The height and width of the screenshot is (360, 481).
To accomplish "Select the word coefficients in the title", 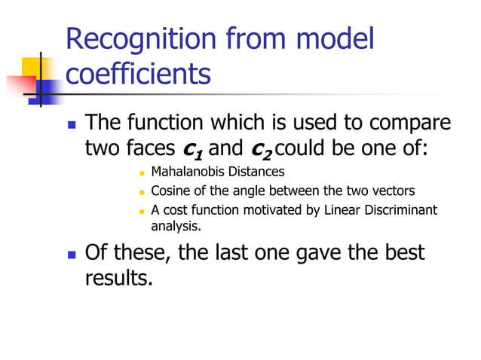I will [x=138, y=75].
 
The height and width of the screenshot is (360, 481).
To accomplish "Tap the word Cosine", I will [x=171, y=191].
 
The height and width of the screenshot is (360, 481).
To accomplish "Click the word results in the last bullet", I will [x=119, y=278].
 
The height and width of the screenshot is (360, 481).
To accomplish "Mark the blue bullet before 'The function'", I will [x=72, y=123].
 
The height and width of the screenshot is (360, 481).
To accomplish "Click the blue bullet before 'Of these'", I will [x=72, y=253].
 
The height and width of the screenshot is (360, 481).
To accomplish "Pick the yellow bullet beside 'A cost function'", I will [x=142, y=210].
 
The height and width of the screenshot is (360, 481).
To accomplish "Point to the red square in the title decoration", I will [x=17, y=84].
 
